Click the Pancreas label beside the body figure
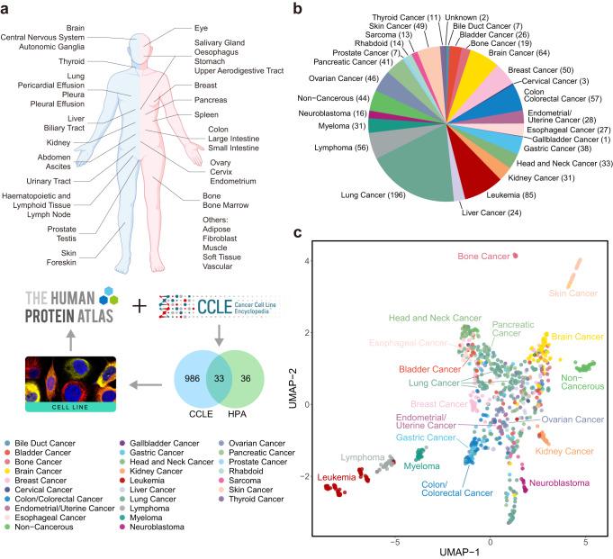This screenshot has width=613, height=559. [210, 99]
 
